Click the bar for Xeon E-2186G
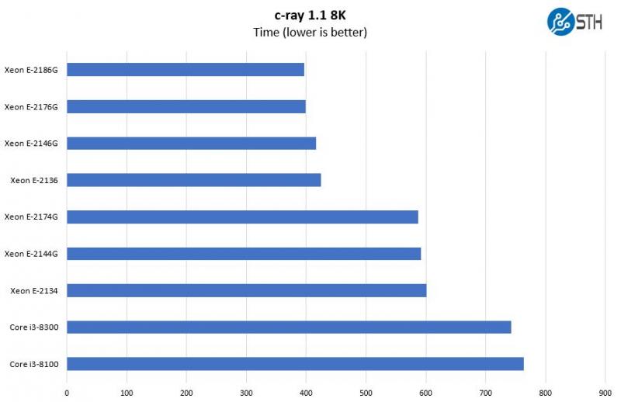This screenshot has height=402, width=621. coord(186,70)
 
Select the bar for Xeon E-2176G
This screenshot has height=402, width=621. coord(186,106)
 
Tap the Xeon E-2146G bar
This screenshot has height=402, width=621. coord(192,143)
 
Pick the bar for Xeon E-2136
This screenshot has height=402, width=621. coord(194,180)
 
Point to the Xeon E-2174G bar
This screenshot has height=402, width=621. coord(242,217)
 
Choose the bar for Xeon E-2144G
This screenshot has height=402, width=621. coord(244,254)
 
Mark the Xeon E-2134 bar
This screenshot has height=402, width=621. coord(247,290)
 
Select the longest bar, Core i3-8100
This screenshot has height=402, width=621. coord(295,364)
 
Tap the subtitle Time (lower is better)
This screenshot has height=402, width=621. coord(310,33)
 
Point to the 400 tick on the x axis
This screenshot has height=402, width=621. coord(306,393)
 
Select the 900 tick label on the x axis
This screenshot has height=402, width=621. coord(605,393)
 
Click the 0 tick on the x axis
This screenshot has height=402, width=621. coord(67,393)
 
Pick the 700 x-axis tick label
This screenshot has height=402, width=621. coord(486,393)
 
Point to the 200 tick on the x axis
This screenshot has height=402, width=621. coord(186,393)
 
